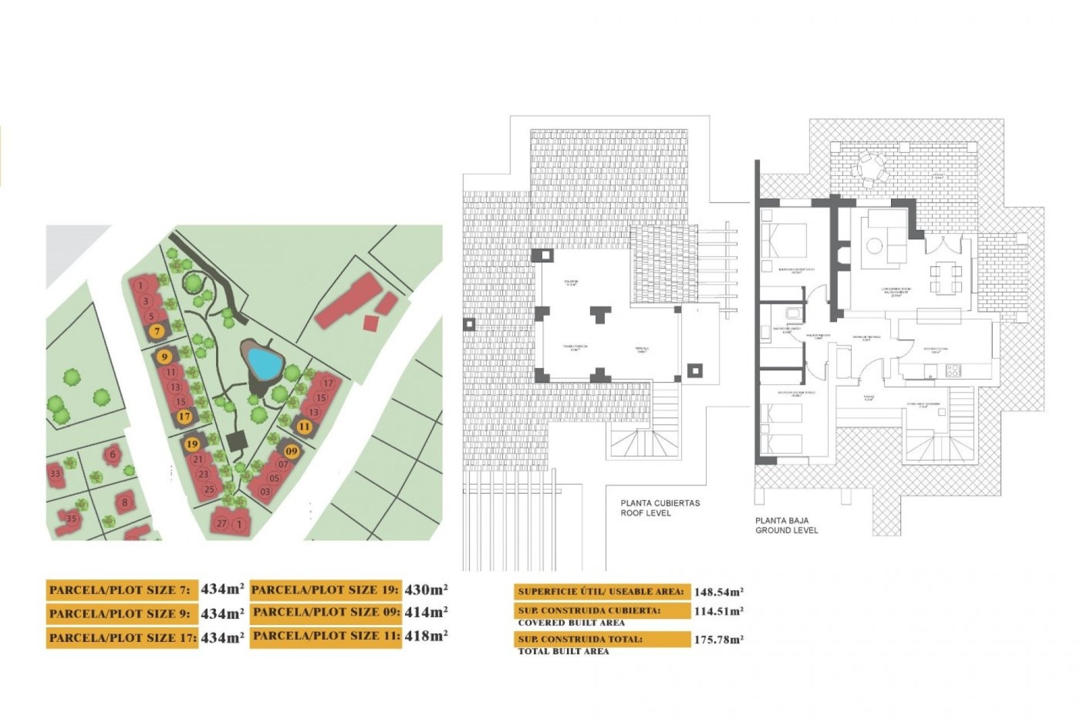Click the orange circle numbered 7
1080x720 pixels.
click(x=157, y=331)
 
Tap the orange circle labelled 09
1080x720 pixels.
click(x=291, y=451)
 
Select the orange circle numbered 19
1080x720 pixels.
click(x=192, y=444)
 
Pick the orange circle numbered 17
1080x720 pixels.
click(x=184, y=417)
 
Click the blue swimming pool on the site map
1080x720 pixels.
click(x=264, y=363)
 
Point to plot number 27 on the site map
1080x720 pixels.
click(x=222, y=524)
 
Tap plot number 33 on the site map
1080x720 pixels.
click(x=55, y=474)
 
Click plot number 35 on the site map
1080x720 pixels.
click(x=71, y=519)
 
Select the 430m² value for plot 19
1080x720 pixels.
click(x=426, y=589)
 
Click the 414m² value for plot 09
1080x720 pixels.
click(x=426, y=613)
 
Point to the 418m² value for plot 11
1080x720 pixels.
click(x=426, y=636)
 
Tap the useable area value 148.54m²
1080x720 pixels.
click(x=718, y=592)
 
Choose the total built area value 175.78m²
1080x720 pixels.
click(x=718, y=640)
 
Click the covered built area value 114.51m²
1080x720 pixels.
click(x=718, y=611)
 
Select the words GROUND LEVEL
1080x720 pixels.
click(x=786, y=530)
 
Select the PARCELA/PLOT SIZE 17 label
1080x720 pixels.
click(x=122, y=638)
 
